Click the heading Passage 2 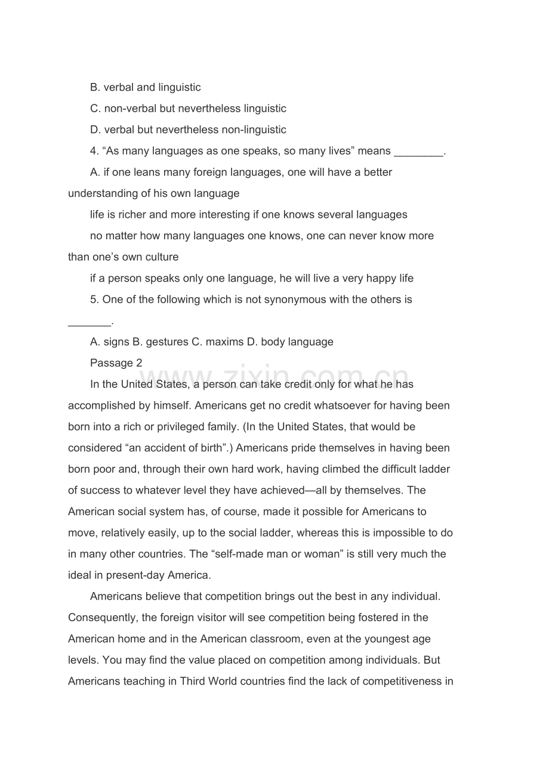[116, 363]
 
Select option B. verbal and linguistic [145, 87]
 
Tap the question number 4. [94, 151]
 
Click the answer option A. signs [109, 342]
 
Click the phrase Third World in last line [218, 682]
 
